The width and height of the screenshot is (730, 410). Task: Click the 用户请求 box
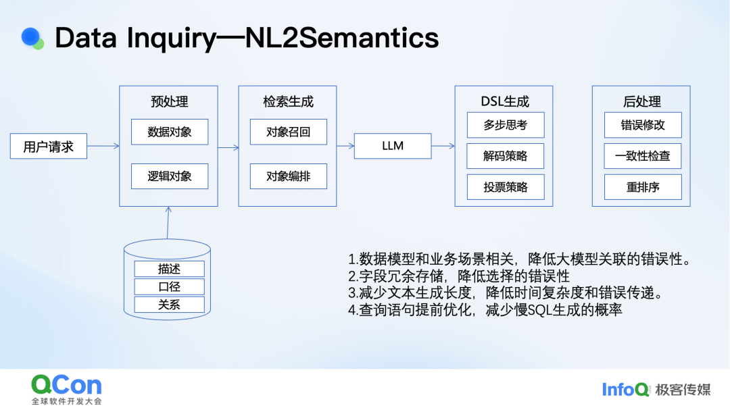click(49, 146)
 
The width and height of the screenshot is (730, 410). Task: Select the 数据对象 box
click(170, 132)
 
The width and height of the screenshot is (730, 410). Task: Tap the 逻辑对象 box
click(170, 176)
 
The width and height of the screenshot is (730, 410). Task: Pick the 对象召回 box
click(288, 132)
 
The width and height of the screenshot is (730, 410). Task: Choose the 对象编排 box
click(288, 176)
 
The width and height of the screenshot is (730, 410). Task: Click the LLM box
click(393, 146)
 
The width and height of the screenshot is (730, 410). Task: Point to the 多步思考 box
click(506, 125)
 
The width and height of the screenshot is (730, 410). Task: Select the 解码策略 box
click(506, 156)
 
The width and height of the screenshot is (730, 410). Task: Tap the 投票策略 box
click(506, 187)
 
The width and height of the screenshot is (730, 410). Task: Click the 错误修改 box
click(643, 125)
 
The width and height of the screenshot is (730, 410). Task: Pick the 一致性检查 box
click(643, 156)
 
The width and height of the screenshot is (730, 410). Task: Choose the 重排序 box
click(643, 187)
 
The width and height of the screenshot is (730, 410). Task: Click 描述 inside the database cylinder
click(169, 269)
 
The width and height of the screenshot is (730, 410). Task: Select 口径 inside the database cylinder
click(169, 286)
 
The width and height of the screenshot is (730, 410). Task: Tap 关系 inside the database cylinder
click(169, 305)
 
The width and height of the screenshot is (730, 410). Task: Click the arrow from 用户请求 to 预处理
click(103, 146)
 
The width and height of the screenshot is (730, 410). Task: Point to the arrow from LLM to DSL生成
click(443, 146)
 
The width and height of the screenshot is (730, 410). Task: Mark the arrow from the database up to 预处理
click(168, 223)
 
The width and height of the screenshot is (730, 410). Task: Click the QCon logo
click(66, 390)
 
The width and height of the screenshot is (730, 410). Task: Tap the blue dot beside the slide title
click(30, 36)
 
